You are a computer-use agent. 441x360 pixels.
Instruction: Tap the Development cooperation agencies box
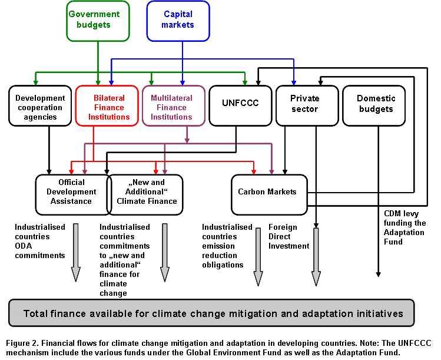(x=40, y=106)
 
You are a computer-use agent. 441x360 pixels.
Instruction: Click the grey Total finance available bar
(x=212, y=313)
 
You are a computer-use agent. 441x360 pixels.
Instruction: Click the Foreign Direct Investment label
(x=289, y=236)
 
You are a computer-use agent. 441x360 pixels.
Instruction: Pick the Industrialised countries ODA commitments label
(x=39, y=242)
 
